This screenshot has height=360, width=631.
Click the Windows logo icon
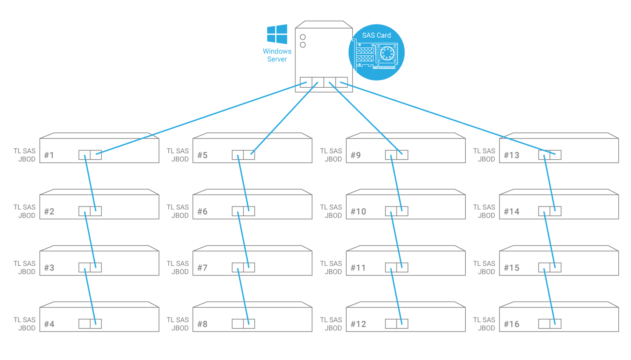277,34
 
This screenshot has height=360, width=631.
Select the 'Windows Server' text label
277,55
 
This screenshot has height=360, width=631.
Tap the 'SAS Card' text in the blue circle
376,36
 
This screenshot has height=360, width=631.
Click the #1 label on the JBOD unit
49,155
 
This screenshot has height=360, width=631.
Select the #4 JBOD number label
49,324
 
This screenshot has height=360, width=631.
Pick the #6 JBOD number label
202,212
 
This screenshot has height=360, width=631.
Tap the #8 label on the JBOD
202,324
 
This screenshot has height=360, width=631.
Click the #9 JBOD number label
355,155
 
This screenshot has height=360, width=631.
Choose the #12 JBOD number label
358,324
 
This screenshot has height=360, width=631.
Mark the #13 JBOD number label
511,155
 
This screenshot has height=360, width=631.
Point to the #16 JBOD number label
511,324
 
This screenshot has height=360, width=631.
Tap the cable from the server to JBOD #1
202,118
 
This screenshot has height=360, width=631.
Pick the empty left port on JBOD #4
85,324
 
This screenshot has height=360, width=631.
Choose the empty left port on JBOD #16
544,324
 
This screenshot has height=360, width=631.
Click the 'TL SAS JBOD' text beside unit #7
177,267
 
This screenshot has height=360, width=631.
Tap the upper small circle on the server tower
303,37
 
